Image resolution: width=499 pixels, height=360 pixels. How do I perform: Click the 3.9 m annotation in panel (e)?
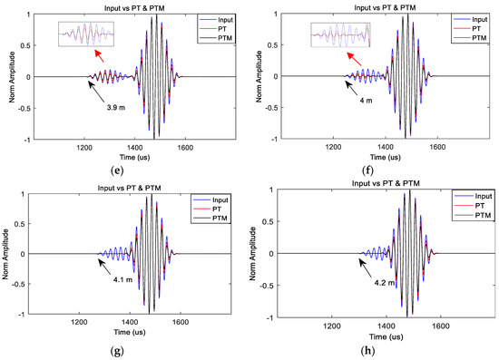click(x=105, y=108)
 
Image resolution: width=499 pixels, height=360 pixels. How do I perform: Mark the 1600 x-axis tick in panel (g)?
click(x=182, y=320)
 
